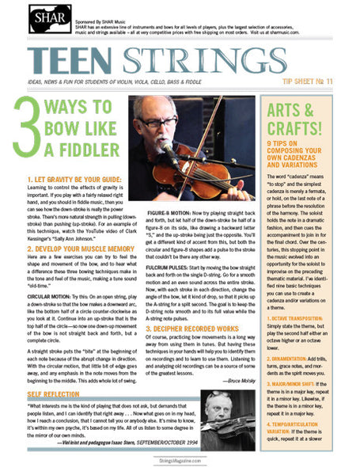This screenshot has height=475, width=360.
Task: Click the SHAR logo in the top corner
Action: point(48,18)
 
